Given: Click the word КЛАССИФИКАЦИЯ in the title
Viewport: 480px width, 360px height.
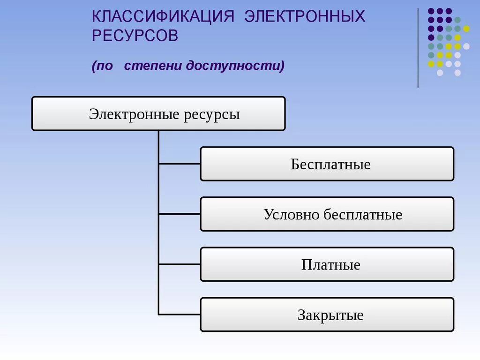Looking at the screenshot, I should point(163,17).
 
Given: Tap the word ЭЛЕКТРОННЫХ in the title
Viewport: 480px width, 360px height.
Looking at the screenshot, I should point(305,17).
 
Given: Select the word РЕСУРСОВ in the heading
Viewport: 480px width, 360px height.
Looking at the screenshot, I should point(135,36).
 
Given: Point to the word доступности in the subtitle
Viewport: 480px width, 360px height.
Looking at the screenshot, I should point(235,66).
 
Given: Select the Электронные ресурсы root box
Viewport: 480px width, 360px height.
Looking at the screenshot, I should point(158,113).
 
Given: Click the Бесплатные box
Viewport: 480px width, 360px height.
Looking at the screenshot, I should point(327,164).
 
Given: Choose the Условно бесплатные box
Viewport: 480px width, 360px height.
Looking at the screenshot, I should point(327,214).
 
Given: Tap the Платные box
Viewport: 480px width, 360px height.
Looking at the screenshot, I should point(327,264).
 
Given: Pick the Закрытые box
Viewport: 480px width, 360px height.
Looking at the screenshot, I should point(327,315).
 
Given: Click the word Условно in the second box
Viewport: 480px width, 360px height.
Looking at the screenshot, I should point(292,215).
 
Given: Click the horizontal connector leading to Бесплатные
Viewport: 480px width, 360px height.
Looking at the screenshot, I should point(180,164).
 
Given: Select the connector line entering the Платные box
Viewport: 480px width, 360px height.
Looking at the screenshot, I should point(180,264).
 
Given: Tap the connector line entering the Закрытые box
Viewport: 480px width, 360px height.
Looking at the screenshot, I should point(180,314).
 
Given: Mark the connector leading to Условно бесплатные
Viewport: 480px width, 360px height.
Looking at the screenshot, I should point(180,214).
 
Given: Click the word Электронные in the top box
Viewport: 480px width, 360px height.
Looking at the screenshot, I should point(133,114).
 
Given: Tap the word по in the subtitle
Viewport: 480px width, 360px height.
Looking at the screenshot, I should point(105,66).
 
